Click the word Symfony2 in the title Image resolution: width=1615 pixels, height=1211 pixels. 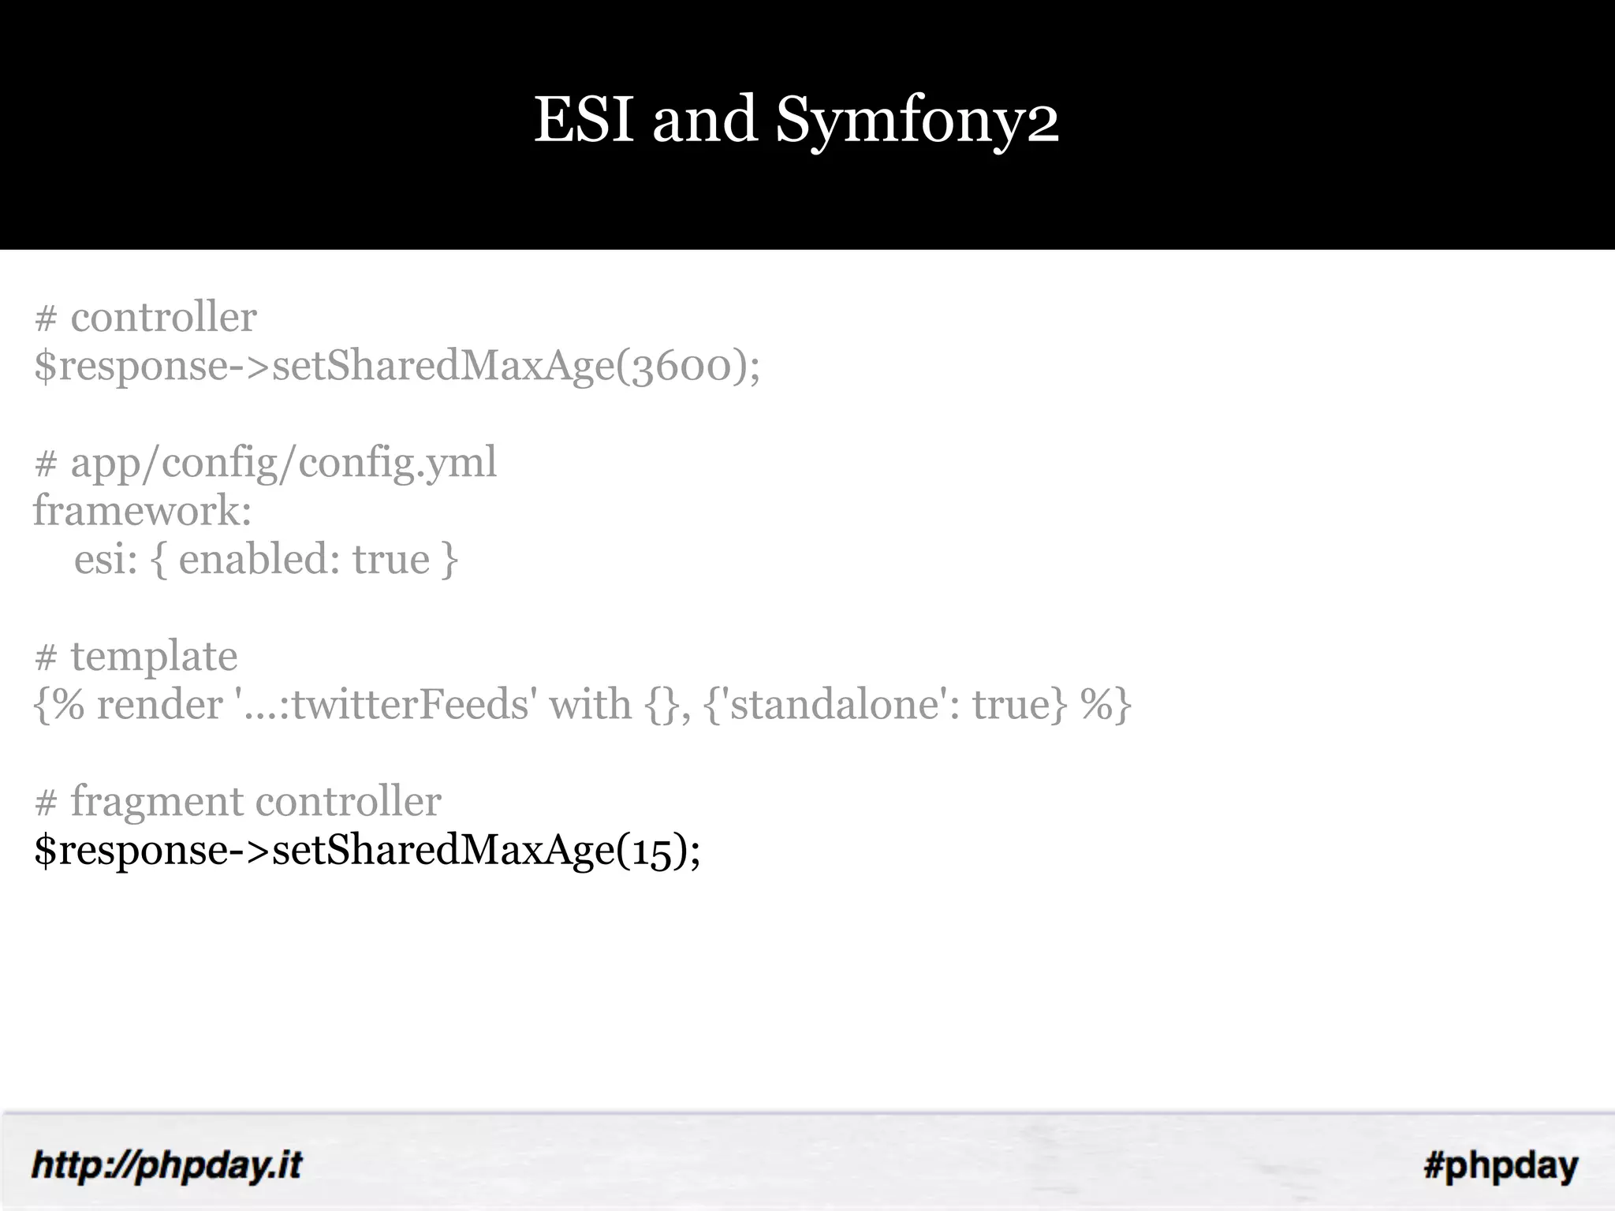917,121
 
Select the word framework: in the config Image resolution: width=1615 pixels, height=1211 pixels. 142,511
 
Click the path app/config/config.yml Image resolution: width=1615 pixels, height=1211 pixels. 284,463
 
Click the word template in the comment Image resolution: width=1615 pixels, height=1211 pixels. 154,657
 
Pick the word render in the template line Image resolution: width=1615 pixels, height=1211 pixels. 160,705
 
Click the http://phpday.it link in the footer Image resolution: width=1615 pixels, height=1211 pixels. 166,1165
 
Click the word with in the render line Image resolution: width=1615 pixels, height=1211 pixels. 591,705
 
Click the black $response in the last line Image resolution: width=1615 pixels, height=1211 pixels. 131,851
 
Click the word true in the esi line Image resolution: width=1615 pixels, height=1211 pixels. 391,560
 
